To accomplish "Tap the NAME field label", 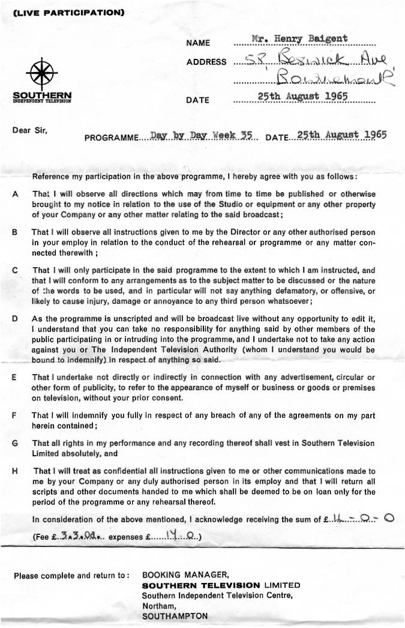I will pos(198,43).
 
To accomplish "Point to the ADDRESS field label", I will pos(206,62).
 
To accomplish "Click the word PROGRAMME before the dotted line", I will pos(111,137).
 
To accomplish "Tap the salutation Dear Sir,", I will pos(29,129).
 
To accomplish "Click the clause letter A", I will pos(14,195).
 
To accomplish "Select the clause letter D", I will pos(14,318).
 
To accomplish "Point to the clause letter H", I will pos(14,471).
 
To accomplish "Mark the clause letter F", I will pos(14,415).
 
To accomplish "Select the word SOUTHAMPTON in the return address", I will pos(175,616).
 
